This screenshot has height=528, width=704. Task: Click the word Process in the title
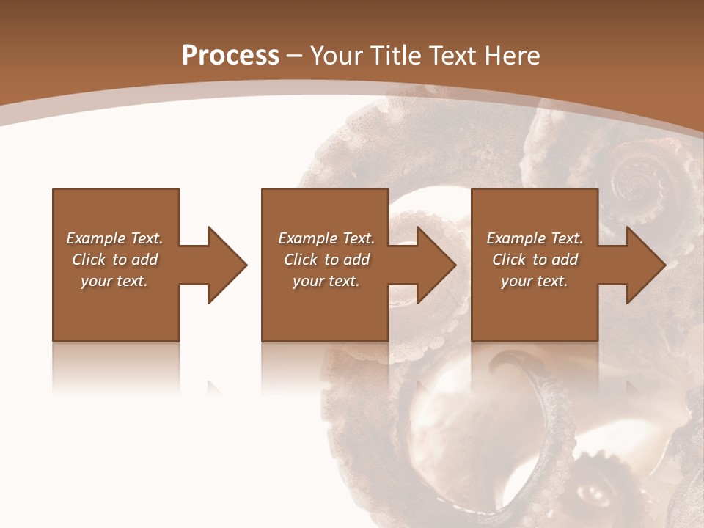[x=230, y=56]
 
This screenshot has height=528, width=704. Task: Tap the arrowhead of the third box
[x=645, y=265]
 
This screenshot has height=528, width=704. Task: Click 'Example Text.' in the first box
[x=114, y=238]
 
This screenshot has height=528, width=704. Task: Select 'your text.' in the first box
[x=114, y=281]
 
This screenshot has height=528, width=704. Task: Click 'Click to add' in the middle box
[x=326, y=260]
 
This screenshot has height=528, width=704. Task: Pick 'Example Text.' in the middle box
[x=326, y=238]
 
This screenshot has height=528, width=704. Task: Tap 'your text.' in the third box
[x=535, y=281]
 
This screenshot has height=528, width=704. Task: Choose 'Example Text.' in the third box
[x=535, y=238]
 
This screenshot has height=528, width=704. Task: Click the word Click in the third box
[x=509, y=260]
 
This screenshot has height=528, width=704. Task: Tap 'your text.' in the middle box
[x=326, y=281]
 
